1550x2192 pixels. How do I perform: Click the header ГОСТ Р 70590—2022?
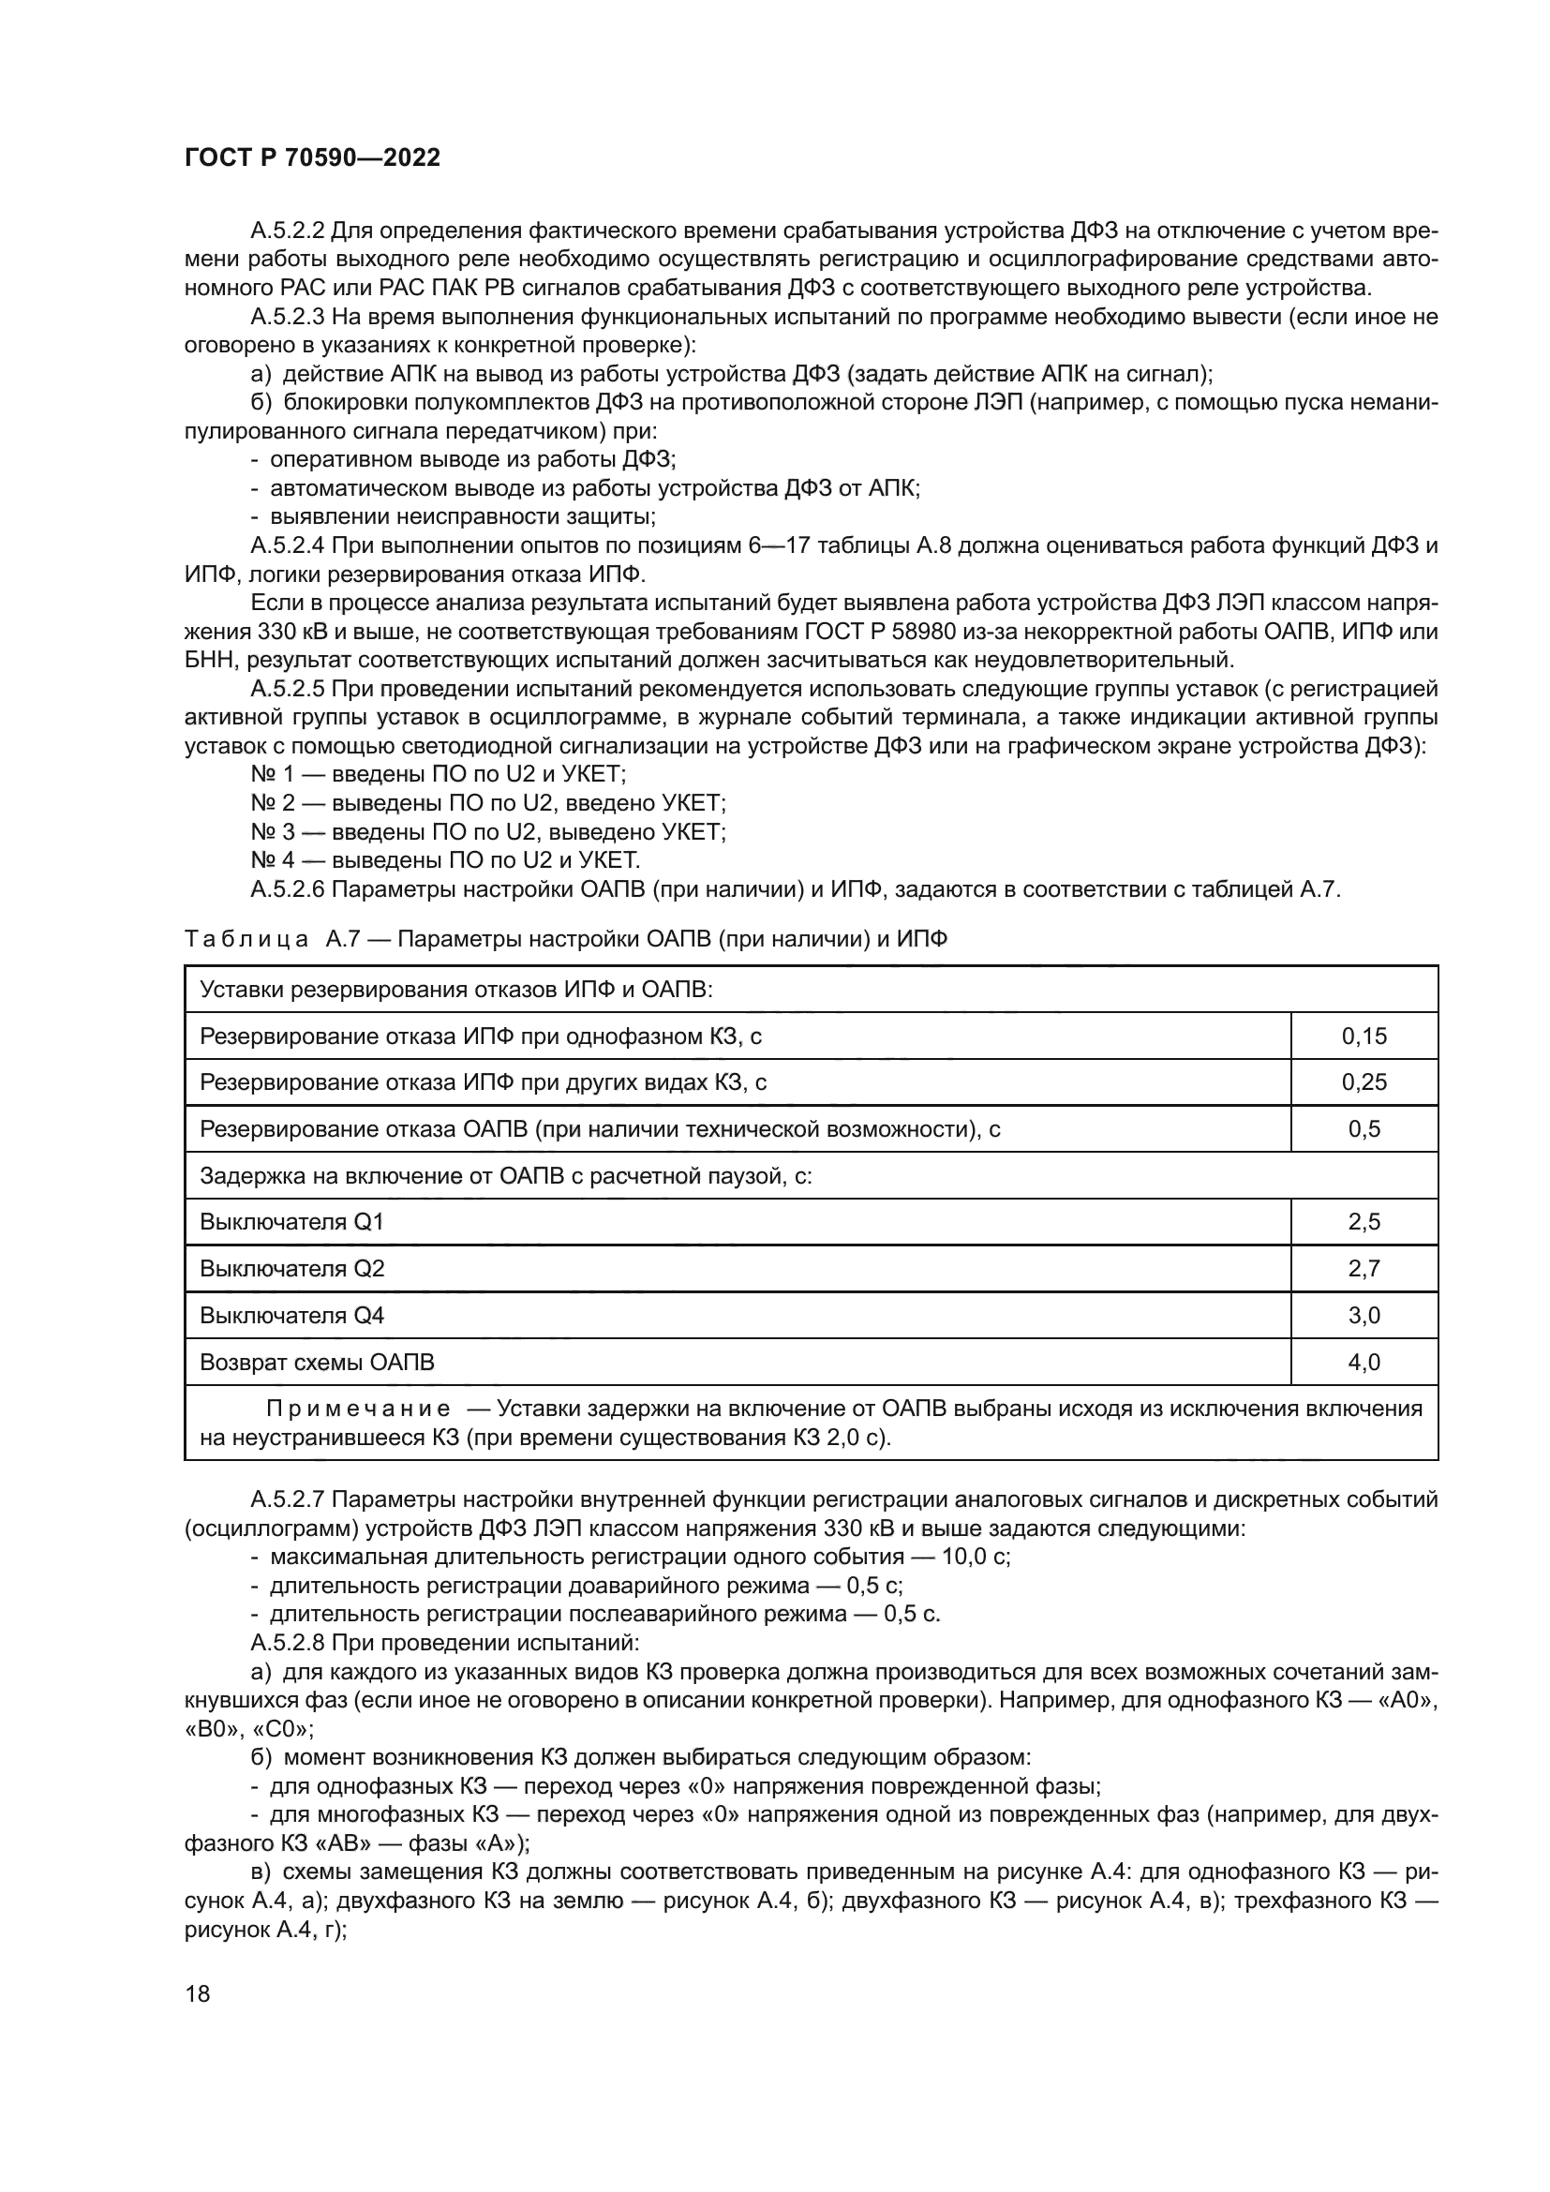[312, 158]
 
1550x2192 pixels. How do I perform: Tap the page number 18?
[197, 1993]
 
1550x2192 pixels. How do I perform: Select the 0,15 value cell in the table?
[1364, 1036]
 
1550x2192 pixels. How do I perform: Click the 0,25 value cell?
[1364, 1081]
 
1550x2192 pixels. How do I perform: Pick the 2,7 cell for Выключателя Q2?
[1364, 1269]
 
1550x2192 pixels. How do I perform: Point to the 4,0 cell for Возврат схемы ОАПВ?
[1364, 1363]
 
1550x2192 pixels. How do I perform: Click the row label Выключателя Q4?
[292, 1316]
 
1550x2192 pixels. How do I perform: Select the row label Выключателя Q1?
[292, 1222]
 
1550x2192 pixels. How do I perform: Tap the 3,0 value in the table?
[1364, 1316]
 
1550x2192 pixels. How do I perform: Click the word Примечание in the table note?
[358, 1409]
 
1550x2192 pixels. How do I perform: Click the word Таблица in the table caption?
[246, 939]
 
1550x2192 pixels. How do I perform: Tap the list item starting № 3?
[487, 831]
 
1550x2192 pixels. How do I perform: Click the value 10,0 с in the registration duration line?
[976, 1558]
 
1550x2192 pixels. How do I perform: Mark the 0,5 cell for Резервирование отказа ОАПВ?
[1364, 1128]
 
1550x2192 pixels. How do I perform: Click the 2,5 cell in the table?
[1364, 1222]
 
